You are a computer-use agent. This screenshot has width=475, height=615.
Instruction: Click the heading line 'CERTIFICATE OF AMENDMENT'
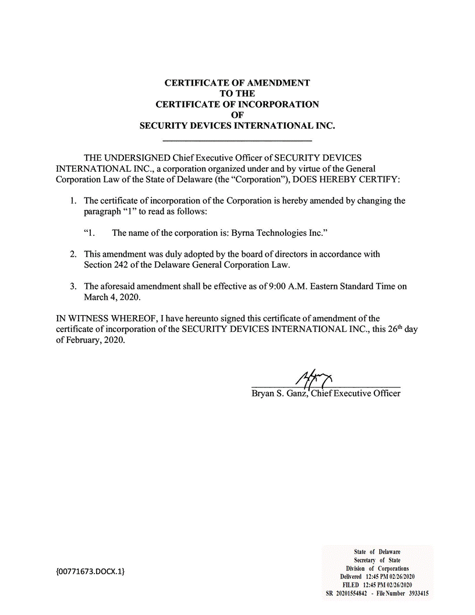tap(238, 83)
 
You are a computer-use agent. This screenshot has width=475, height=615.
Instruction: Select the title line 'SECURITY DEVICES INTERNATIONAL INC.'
tap(238, 126)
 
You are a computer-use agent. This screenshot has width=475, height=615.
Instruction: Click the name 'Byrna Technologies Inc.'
tap(276, 233)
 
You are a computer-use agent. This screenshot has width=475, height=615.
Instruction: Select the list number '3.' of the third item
tap(73, 286)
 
